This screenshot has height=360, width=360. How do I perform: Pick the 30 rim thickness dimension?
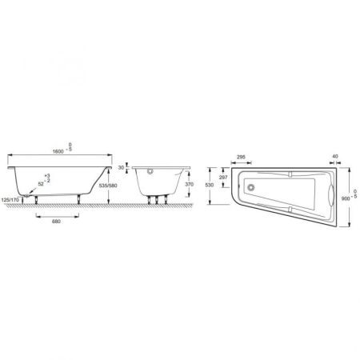pos(122,168)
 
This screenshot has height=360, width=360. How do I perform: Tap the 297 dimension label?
pos(225,177)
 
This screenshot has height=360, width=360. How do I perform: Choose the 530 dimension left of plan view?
pos(209,185)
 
